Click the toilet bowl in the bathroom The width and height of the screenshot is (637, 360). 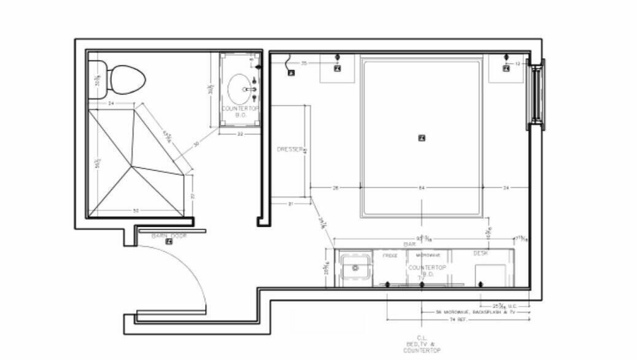(127, 79)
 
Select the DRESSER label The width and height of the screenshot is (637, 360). (289, 150)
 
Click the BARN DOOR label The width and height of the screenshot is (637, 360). (169, 235)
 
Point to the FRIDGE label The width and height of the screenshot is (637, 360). (390, 255)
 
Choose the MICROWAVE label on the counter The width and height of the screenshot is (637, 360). (427, 255)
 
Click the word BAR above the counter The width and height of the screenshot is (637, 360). (409, 244)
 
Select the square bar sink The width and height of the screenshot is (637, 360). (355, 268)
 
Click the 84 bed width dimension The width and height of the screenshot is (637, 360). (422, 188)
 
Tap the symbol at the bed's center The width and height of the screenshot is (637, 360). (422, 138)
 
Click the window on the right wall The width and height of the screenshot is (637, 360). (536, 94)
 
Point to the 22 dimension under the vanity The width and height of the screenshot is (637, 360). (241, 133)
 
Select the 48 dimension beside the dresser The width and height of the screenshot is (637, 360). (305, 150)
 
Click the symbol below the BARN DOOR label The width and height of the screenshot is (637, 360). (169, 242)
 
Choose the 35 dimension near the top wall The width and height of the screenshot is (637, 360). (303, 63)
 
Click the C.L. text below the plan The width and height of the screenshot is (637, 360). (422, 338)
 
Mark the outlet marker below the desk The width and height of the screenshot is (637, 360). (481, 285)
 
